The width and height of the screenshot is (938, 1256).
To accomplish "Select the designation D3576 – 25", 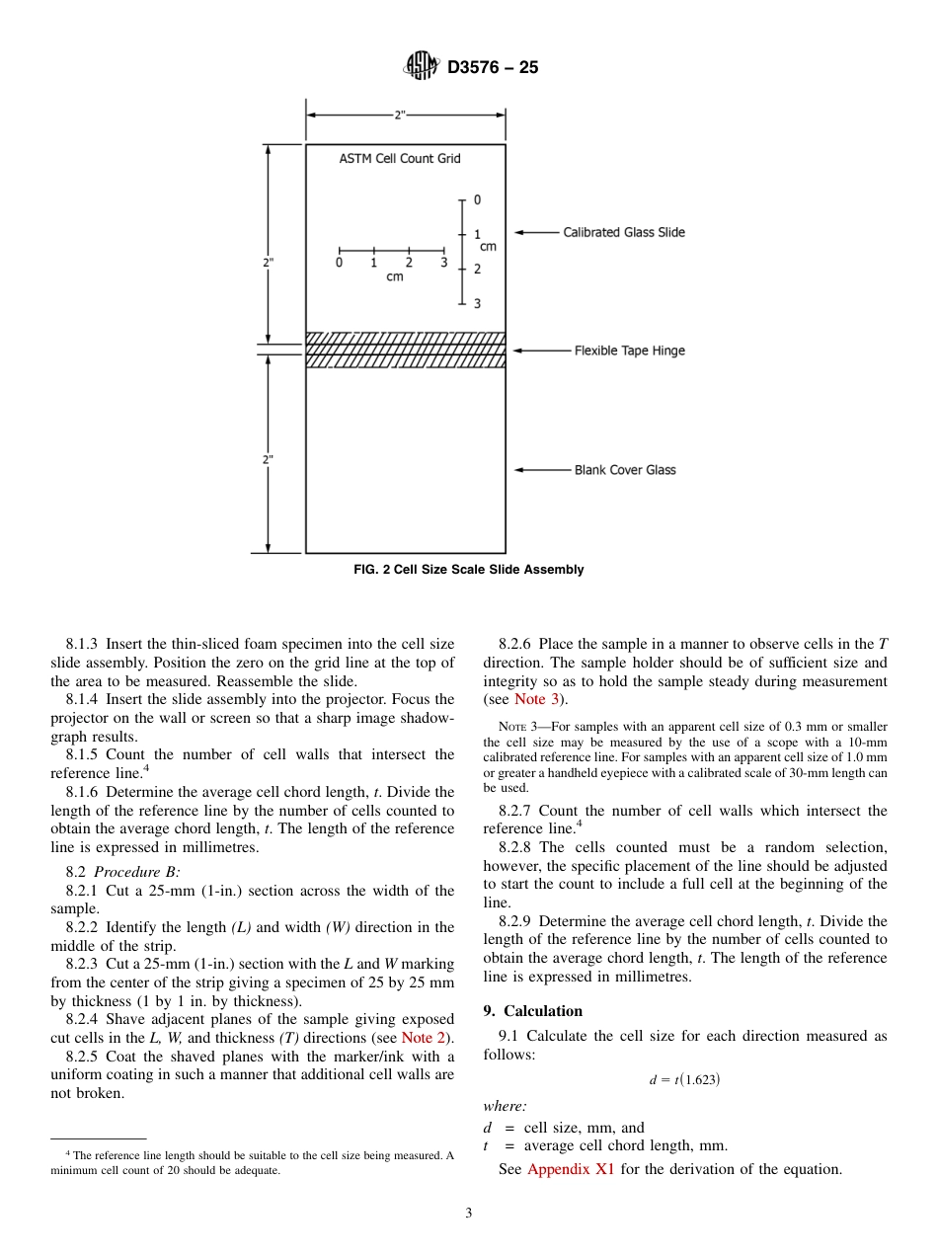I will [x=493, y=68].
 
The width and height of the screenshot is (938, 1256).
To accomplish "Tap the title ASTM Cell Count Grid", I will [x=400, y=158].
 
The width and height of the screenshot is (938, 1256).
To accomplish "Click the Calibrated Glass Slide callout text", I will [x=623, y=233].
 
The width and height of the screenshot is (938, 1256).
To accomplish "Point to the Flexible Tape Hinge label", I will [x=629, y=351].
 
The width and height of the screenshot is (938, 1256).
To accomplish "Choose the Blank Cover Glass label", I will [x=625, y=470].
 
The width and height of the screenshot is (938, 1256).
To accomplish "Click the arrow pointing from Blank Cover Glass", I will [x=541, y=470].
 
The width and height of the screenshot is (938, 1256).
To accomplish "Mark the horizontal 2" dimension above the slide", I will [x=400, y=115].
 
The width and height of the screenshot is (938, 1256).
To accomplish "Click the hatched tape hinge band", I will [x=405, y=350].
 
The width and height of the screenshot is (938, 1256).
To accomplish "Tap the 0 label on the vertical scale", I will [x=477, y=200].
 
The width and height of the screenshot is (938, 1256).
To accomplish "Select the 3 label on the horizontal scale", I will [x=443, y=263].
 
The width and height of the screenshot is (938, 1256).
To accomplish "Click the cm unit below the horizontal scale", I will [x=394, y=277].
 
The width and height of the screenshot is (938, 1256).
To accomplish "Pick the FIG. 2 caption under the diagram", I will [x=468, y=570].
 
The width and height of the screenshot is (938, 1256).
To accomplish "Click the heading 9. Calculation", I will [x=532, y=1011].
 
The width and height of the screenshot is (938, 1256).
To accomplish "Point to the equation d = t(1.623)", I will [x=684, y=1080].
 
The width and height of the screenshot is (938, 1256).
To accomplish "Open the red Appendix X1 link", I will [x=572, y=1170].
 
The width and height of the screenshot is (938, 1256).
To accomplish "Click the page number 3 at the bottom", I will [x=469, y=1214].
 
